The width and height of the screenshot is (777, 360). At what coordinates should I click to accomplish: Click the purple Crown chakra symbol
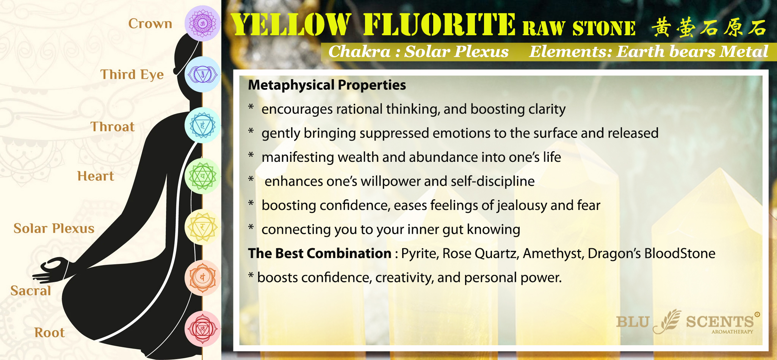202,23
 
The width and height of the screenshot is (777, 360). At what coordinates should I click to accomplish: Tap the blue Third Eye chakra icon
202,74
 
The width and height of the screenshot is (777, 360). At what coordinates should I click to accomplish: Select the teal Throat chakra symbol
202,125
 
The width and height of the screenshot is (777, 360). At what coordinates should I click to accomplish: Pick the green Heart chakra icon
202,176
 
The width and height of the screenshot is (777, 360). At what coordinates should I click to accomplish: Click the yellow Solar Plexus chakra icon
202,227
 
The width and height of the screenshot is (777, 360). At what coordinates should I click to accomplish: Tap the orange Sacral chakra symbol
202,278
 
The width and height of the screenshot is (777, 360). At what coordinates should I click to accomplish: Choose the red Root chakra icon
202,329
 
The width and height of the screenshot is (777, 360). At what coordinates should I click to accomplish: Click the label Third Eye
132,75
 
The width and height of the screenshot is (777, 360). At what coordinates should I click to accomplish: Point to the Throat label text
113,127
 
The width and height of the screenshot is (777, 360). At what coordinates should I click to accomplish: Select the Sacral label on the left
31,291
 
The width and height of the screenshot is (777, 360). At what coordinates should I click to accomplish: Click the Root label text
50,332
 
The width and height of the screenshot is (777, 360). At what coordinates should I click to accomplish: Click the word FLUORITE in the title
439,25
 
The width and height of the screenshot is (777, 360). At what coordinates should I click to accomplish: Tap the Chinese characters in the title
709,27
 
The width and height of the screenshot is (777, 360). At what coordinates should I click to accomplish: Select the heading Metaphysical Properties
327,85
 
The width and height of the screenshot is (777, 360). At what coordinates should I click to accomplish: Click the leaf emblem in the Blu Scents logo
667,321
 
